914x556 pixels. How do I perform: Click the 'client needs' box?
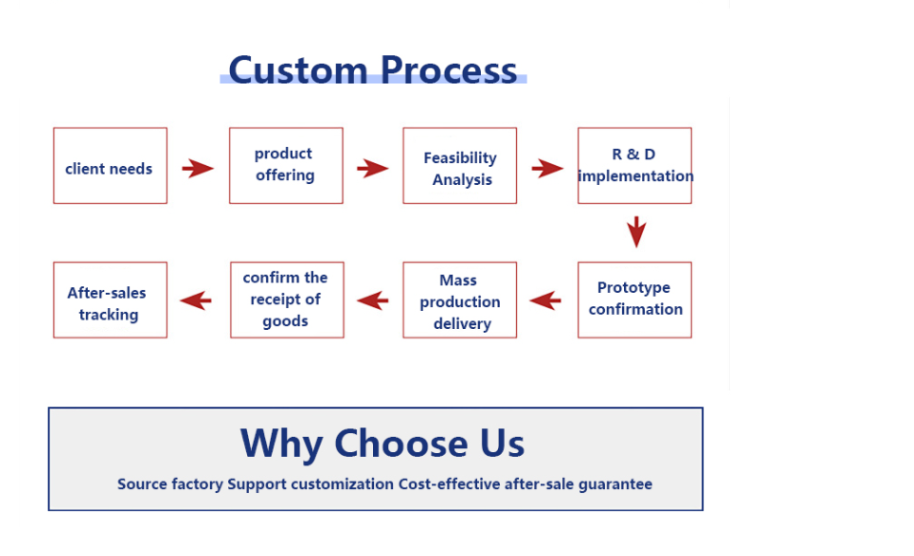(x=110, y=166)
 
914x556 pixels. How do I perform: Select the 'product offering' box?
(x=285, y=166)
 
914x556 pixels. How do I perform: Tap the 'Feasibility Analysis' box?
(x=460, y=166)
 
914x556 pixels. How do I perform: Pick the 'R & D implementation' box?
(x=634, y=166)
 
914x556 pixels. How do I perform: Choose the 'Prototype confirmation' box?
(x=634, y=299)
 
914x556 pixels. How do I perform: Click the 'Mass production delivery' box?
(x=460, y=300)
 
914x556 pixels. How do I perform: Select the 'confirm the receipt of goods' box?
(x=286, y=300)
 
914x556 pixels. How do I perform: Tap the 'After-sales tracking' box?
(x=110, y=300)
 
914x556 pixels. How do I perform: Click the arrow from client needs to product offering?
(x=197, y=169)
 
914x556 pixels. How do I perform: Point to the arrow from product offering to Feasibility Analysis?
(x=372, y=169)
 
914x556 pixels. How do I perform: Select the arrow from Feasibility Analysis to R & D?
(x=547, y=169)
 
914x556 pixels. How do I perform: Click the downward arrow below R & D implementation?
(x=636, y=232)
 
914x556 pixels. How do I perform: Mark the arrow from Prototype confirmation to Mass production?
(x=546, y=301)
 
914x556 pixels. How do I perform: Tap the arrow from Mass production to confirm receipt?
(x=373, y=301)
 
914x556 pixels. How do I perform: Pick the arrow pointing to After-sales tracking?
(x=197, y=301)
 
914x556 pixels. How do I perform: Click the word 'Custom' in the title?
(x=298, y=70)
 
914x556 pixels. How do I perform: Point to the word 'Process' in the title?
(x=448, y=70)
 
